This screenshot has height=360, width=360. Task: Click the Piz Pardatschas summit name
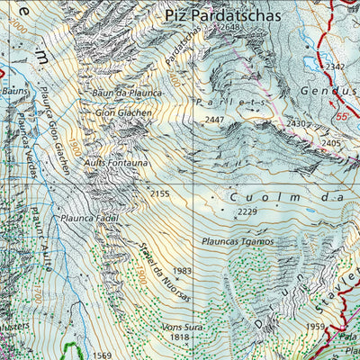[223, 15]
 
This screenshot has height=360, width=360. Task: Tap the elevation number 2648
[230, 28]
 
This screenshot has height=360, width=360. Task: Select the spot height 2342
[336, 67]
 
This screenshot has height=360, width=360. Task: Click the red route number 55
[342, 118]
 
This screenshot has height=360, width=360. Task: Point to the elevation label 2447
[214, 120]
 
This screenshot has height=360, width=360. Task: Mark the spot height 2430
[297, 123]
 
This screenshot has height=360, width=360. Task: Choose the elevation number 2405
[331, 143]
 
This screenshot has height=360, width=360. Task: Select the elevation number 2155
[159, 193]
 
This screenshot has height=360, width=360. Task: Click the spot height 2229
[248, 212]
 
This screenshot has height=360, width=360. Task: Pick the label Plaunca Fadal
[90, 218]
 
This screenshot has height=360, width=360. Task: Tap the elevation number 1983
[183, 271]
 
